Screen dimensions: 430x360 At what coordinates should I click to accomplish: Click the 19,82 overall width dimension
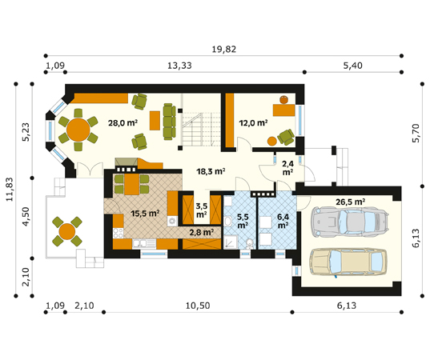click(224, 50)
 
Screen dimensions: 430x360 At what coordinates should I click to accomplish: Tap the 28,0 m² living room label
click(123, 123)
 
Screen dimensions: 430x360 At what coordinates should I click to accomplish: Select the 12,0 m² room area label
click(253, 123)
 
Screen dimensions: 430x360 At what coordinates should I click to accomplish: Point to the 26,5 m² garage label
click(350, 202)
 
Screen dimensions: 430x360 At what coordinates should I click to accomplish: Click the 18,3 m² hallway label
click(211, 172)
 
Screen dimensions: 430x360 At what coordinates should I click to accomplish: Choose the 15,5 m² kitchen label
click(145, 214)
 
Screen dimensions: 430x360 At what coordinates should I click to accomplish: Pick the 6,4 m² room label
click(283, 221)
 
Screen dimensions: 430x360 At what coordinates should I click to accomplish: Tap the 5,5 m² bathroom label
click(243, 221)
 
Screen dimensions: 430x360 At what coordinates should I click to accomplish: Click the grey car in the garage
click(350, 221)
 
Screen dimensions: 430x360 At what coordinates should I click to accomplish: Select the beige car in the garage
click(348, 262)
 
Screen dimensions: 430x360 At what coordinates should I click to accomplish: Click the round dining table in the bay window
click(78, 130)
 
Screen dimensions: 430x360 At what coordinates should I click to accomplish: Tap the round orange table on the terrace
click(67, 231)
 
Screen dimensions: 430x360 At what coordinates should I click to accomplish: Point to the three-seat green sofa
click(169, 122)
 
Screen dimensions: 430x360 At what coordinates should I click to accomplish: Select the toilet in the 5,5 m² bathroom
click(249, 243)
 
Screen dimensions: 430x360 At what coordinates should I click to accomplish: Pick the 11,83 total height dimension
click(10, 190)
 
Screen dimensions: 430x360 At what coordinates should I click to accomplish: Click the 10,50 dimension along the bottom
click(198, 306)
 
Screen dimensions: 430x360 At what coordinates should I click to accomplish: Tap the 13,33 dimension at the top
click(179, 66)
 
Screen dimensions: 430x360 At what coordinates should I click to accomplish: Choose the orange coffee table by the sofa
click(155, 121)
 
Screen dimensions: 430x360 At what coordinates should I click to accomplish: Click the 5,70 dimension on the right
click(416, 133)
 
